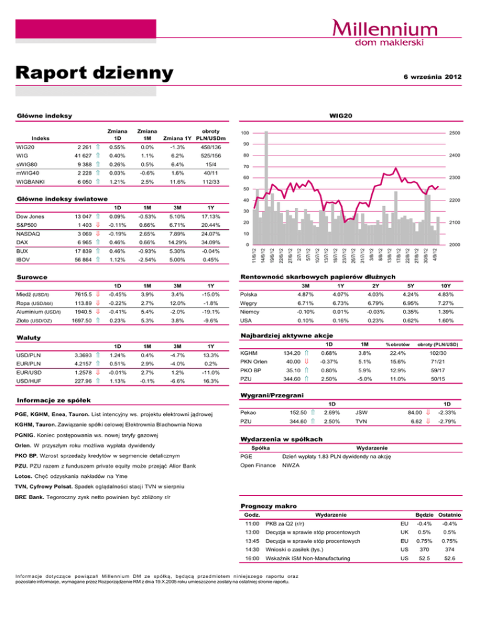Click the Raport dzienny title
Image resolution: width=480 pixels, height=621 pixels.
pyautogui.click(x=94, y=73)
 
